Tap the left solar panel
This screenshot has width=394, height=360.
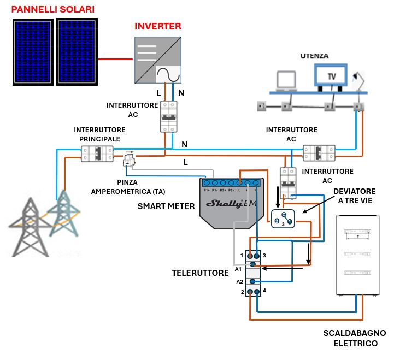[33, 52]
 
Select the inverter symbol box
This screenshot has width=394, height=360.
[158, 61]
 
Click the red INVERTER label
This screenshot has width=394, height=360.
[158, 26]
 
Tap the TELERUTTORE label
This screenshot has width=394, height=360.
[201, 273]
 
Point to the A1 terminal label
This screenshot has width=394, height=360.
[238, 269]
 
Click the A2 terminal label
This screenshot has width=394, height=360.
[239, 281]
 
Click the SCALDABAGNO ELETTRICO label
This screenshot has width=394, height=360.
[355, 338]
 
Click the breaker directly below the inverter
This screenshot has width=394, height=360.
[169, 116]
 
